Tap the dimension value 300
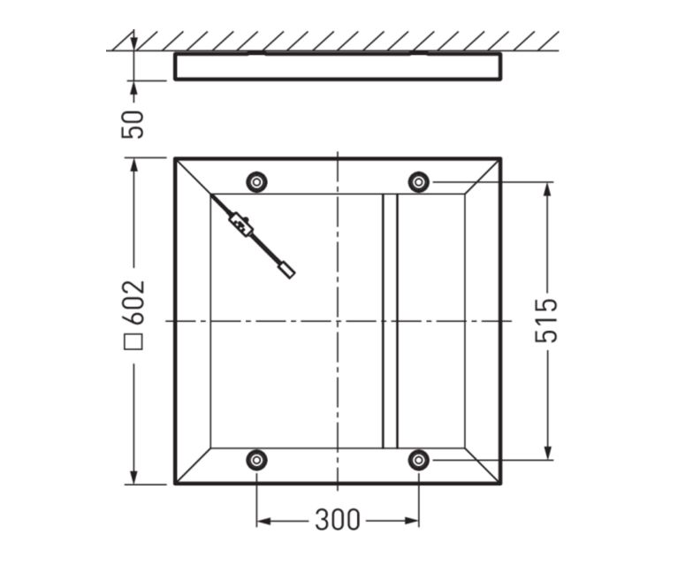337,520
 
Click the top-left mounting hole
256,182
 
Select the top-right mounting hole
419,182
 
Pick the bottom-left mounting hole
256,460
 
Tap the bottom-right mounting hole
419,460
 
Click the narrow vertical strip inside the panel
390,320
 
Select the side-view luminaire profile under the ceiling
338,66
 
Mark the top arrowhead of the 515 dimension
548,189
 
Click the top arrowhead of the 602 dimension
134,165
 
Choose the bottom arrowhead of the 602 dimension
134,477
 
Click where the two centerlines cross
337,320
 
